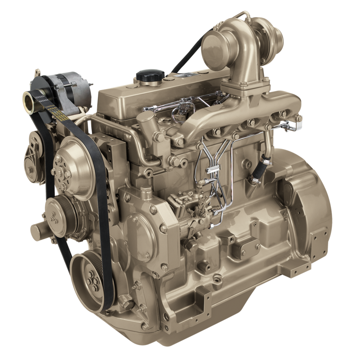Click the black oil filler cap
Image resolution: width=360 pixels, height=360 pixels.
150,75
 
